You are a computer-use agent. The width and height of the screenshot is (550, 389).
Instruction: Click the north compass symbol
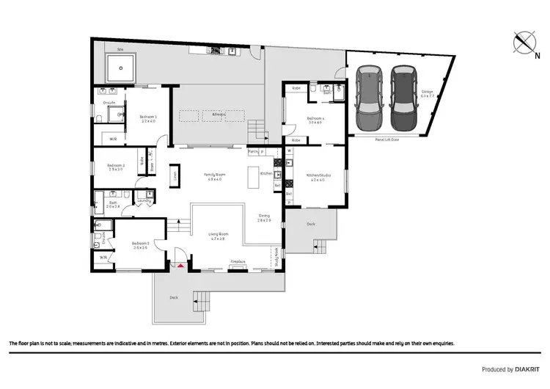click(x=524, y=42)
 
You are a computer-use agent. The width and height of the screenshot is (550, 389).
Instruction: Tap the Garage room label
click(x=428, y=94)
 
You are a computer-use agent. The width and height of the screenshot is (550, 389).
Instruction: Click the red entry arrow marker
click(x=179, y=264)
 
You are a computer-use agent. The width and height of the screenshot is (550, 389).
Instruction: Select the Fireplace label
click(x=238, y=261)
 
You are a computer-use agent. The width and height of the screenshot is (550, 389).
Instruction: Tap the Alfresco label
click(x=219, y=114)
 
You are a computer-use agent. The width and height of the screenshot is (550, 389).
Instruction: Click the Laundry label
click(x=144, y=200)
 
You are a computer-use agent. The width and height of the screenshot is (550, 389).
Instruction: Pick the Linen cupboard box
click(x=175, y=175)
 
